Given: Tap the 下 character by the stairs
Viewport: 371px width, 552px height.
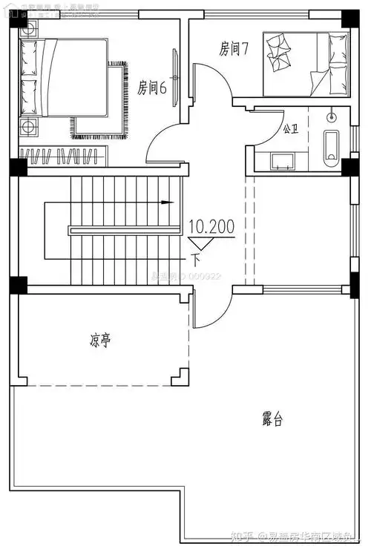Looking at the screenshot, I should point(196,260).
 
